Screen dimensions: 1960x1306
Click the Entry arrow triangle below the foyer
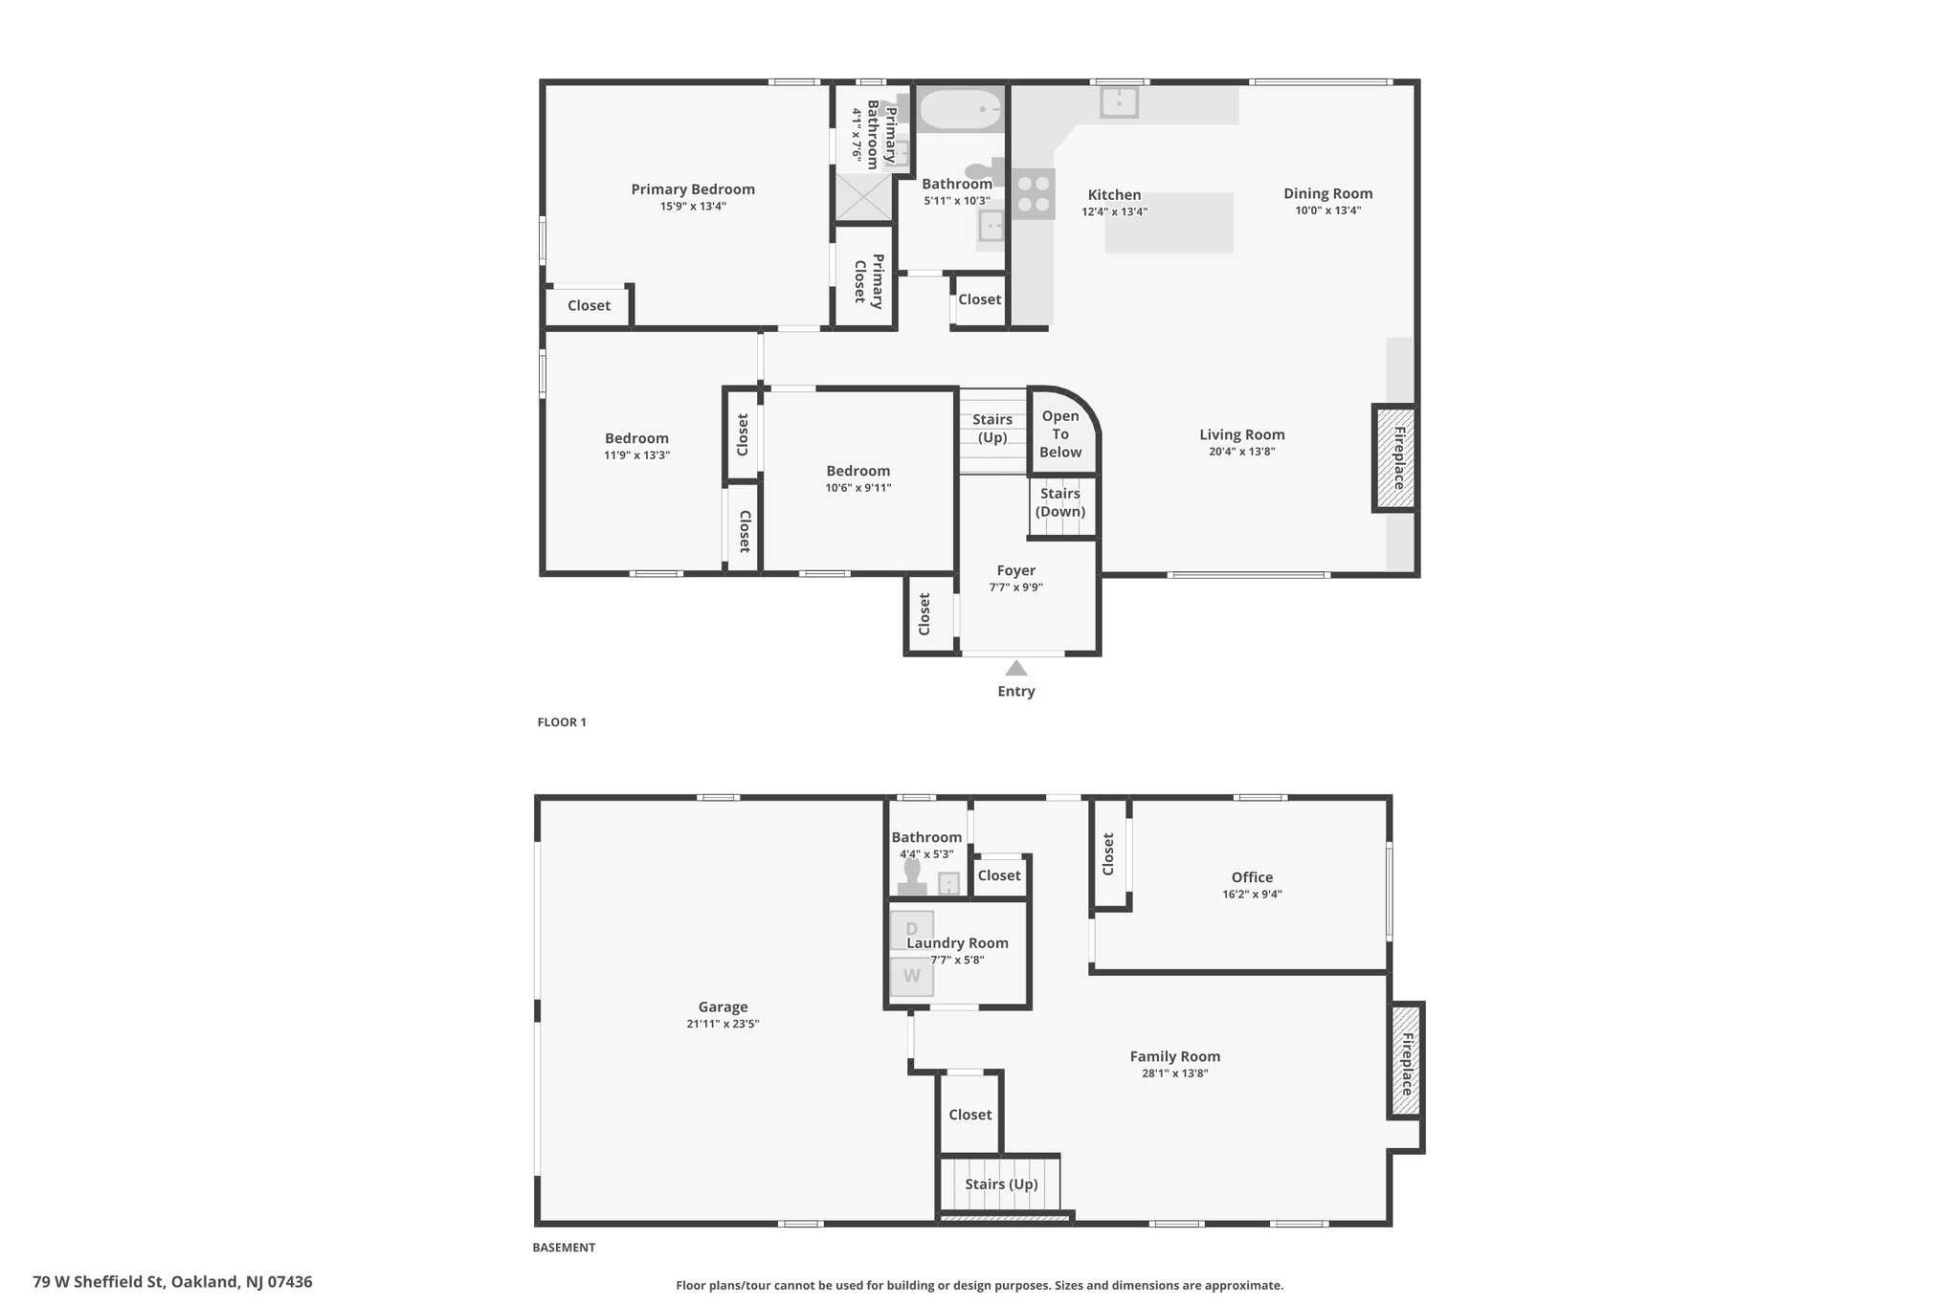(1016, 668)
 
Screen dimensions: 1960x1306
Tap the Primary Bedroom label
(693, 189)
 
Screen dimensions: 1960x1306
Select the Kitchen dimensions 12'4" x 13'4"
(1115, 212)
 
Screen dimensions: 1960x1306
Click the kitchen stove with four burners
(1034, 194)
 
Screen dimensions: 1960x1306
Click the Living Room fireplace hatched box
(1395, 458)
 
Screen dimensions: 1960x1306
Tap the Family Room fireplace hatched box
(1406, 1060)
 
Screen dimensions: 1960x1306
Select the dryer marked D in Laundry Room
(912, 929)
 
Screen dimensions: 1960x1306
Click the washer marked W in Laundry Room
(912, 977)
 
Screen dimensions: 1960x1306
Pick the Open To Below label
(1060, 434)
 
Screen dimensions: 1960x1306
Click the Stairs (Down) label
(1060, 502)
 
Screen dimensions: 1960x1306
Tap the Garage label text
(723, 1007)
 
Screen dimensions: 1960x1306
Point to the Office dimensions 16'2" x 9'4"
(1252, 895)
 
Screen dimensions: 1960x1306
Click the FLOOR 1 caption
(562, 722)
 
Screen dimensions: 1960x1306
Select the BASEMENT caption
(564, 1248)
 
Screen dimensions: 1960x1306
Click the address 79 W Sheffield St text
(99, 1282)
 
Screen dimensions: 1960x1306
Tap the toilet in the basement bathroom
(912, 877)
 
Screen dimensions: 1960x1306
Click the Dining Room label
(1328, 193)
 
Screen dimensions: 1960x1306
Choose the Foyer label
(1016, 570)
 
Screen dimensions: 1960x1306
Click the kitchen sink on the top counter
(1119, 101)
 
